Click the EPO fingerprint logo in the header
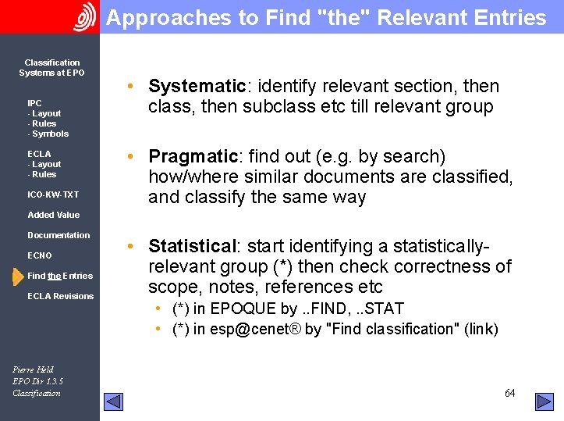(x=84, y=16)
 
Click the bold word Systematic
(x=197, y=86)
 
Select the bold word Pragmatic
(x=192, y=156)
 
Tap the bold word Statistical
(x=192, y=246)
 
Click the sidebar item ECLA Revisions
(x=60, y=296)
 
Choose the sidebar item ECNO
(x=40, y=255)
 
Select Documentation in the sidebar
(x=59, y=235)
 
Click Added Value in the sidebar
(x=53, y=215)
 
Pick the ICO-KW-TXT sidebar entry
(x=53, y=194)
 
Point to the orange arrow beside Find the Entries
(x=17, y=276)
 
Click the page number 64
(x=509, y=393)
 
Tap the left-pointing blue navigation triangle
(x=114, y=401)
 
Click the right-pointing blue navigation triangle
(x=544, y=401)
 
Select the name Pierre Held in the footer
(x=34, y=369)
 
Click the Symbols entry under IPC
(x=50, y=134)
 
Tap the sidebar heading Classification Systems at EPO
(x=51, y=68)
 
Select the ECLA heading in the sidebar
(x=39, y=154)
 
